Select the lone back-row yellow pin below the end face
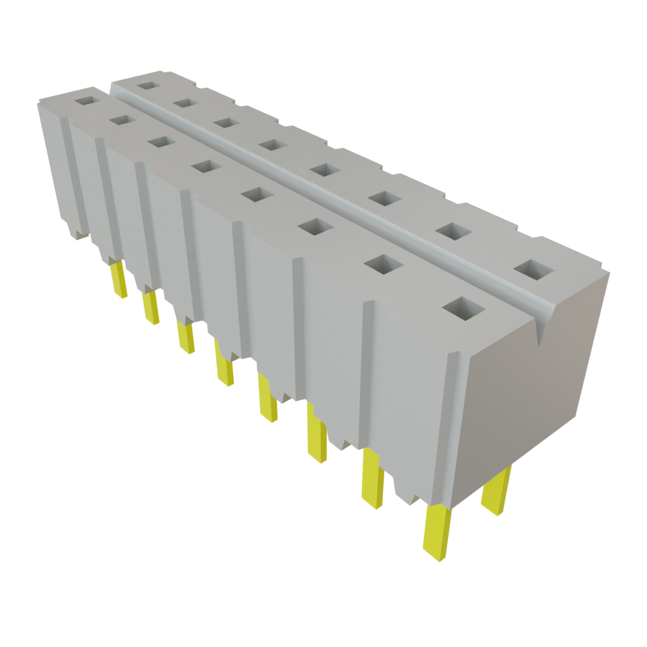(496, 492)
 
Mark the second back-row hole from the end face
(455, 231)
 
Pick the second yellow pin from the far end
(150, 307)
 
